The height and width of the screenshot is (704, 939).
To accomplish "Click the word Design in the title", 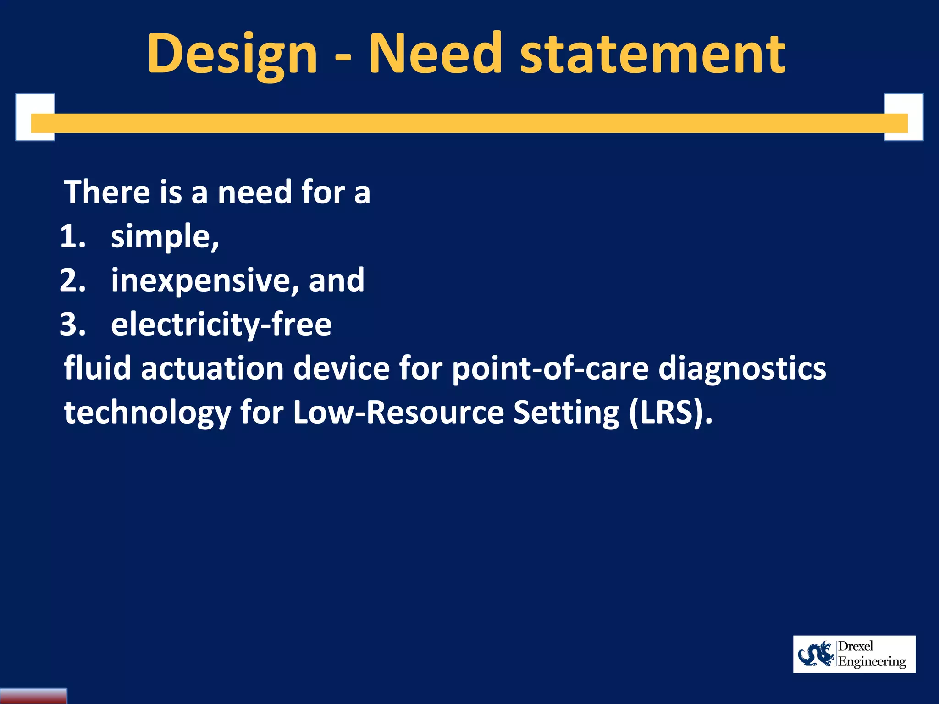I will [232, 54].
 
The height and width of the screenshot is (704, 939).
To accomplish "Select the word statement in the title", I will [653, 54].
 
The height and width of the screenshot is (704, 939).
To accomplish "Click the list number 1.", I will [72, 236].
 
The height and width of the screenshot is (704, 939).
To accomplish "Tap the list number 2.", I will [72, 280].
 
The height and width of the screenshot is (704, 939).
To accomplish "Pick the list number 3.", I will [72, 324].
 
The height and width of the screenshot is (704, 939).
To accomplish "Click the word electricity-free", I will [221, 325].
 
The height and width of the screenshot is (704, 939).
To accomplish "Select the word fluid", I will [97, 368].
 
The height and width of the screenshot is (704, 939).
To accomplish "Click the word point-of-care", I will [550, 369].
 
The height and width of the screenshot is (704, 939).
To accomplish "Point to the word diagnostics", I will [742, 369].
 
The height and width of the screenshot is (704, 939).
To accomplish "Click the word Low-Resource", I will [398, 412].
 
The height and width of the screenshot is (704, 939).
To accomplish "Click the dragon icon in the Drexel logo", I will [816, 654].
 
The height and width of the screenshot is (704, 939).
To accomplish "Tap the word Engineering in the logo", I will [872, 662].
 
